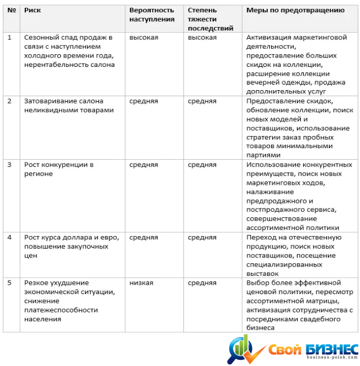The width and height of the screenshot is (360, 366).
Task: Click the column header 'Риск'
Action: pyautogui.click(x=33, y=11)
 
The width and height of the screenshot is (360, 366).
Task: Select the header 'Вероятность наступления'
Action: pyautogui.click(x=152, y=15)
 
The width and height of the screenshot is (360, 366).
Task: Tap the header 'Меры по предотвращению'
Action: pyautogui.click(x=295, y=11)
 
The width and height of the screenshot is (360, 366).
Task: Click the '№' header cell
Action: pyautogui.click(x=10, y=11)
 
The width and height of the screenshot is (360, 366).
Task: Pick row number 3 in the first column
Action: pyautogui.click(x=9, y=165)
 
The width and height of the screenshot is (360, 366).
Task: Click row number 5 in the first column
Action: pyautogui.click(x=9, y=283)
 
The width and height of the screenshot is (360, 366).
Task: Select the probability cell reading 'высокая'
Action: pyautogui.click(x=144, y=38)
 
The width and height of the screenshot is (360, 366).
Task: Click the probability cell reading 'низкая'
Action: pyautogui.click(x=141, y=283)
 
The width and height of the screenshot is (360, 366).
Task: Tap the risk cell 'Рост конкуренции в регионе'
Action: pyautogui.click(x=59, y=169)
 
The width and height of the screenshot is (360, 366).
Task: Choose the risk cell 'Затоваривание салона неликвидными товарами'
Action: pyautogui.click(x=68, y=106)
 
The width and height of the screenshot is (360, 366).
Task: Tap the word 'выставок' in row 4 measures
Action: pyautogui.click(x=262, y=273)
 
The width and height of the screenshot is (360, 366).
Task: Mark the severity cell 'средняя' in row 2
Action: pyautogui.click(x=202, y=101)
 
